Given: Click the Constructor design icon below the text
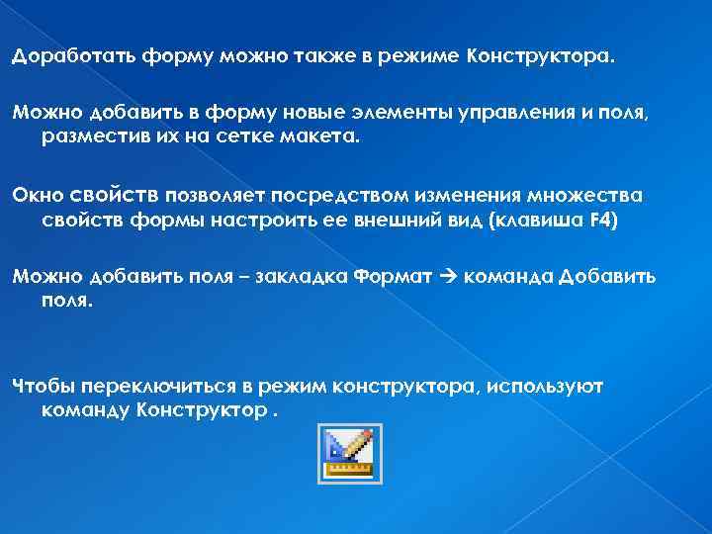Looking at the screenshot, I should (x=349, y=453).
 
